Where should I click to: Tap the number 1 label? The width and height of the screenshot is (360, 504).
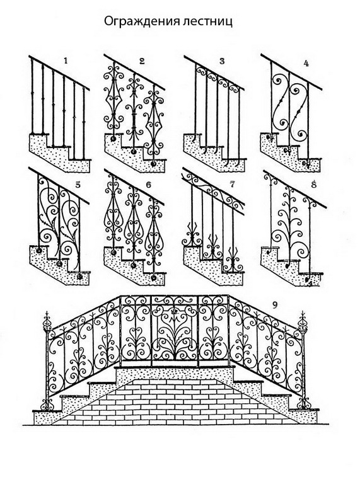click(66, 60)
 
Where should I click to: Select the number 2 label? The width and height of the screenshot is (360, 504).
click(142, 61)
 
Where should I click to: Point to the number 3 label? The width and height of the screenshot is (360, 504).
click(222, 61)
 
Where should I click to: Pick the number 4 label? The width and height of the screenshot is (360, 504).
click(306, 64)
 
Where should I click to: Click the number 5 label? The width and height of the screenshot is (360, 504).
click(77, 185)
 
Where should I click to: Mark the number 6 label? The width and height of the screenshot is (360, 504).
click(148, 185)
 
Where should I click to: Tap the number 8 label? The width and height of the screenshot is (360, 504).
click(314, 185)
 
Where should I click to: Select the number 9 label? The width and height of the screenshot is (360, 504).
click(274, 305)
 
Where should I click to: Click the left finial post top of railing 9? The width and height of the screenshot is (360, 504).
click(47, 321)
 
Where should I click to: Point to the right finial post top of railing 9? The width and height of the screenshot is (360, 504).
click(303, 321)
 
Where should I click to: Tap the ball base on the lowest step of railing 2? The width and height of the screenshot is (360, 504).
click(153, 164)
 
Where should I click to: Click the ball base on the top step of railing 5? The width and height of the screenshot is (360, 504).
click(39, 250)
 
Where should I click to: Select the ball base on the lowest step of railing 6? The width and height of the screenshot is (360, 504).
click(154, 277)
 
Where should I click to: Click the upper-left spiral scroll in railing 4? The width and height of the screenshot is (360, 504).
click(279, 81)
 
